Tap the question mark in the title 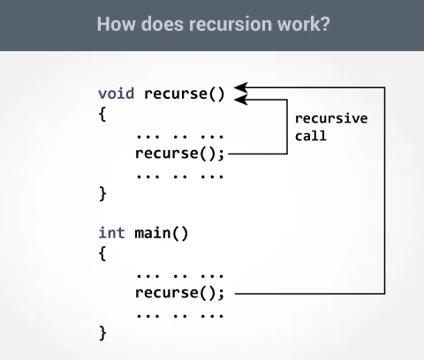[325, 24]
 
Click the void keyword [116, 94]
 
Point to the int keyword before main [111, 233]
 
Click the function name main [153, 233]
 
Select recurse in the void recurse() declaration [176, 94]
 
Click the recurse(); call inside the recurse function [179, 154]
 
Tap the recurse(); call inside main [179, 293]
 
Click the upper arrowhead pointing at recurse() [241, 87]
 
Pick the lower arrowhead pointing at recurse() [241, 100]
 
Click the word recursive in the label [331, 118]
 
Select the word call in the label [311, 136]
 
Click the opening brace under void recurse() [102, 114]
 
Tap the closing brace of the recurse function [102, 194]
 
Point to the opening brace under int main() [102, 253]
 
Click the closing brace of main [102, 334]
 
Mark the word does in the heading [163, 24]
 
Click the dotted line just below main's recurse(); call [180, 316]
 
